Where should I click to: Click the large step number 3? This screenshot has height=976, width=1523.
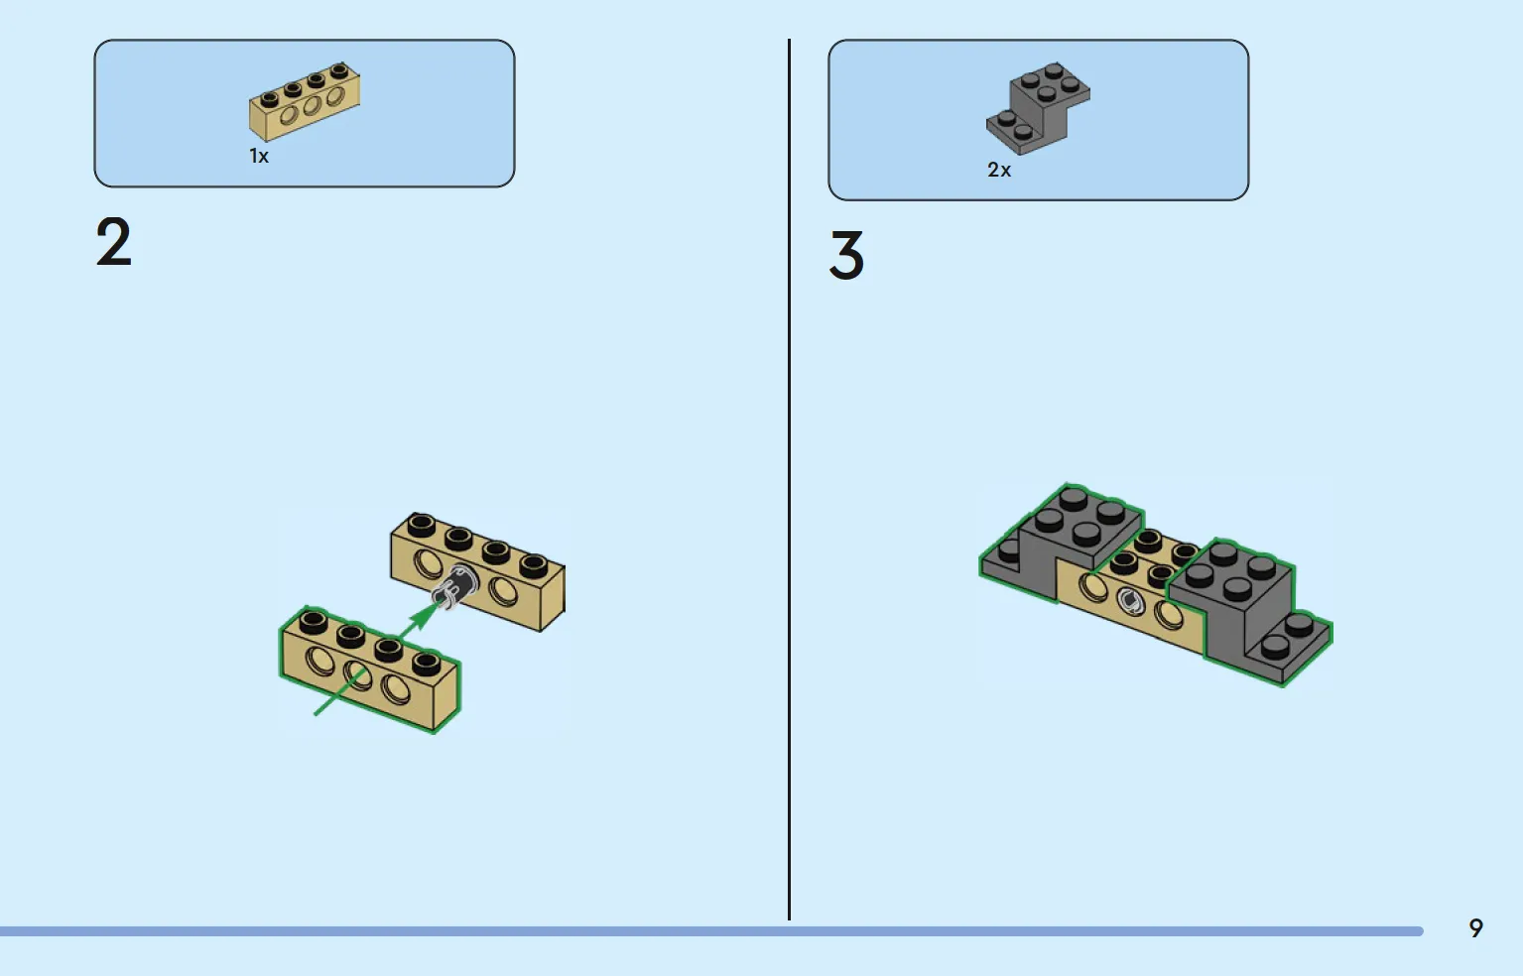point(846,255)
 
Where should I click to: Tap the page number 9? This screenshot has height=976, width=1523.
point(1476,928)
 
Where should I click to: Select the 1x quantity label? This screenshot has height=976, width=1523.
point(259,157)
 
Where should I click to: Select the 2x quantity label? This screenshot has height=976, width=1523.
point(999,170)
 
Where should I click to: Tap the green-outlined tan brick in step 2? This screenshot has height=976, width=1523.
point(370,670)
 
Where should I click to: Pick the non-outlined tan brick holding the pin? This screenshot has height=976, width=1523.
point(477,571)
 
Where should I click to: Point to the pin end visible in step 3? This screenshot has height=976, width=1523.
point(1130,599)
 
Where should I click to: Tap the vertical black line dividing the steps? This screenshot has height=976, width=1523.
point(790,479)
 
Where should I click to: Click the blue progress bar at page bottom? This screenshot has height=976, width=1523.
point(711,931)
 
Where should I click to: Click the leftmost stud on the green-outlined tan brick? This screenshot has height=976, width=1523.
point(313,621)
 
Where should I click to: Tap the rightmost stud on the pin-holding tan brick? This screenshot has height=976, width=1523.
point(533,564)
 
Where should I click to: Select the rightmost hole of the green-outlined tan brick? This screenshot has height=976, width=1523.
point(395,687)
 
